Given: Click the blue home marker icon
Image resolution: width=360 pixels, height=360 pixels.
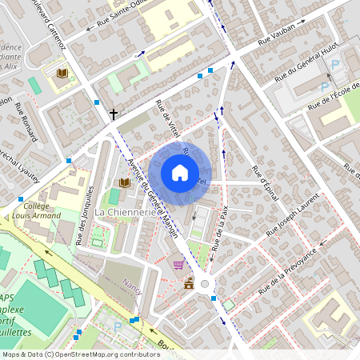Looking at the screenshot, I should coord(180,172).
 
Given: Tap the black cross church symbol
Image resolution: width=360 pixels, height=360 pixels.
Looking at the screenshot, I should coord(114,114).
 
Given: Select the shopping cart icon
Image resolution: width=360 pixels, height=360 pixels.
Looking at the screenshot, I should coord(178,265).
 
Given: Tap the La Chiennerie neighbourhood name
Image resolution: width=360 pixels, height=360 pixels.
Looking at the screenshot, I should coord(125,212).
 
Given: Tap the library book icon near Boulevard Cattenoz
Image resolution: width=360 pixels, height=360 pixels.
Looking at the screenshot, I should coord(62,74).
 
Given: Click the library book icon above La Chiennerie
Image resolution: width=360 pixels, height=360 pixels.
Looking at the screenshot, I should coord(124,183).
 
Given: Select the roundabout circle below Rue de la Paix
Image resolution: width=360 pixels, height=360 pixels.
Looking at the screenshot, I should coord(206,283).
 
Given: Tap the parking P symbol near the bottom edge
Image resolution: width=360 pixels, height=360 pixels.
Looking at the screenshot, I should coord(118,326).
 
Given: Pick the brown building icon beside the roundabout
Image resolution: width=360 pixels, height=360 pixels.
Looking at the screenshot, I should coord(188,283).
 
